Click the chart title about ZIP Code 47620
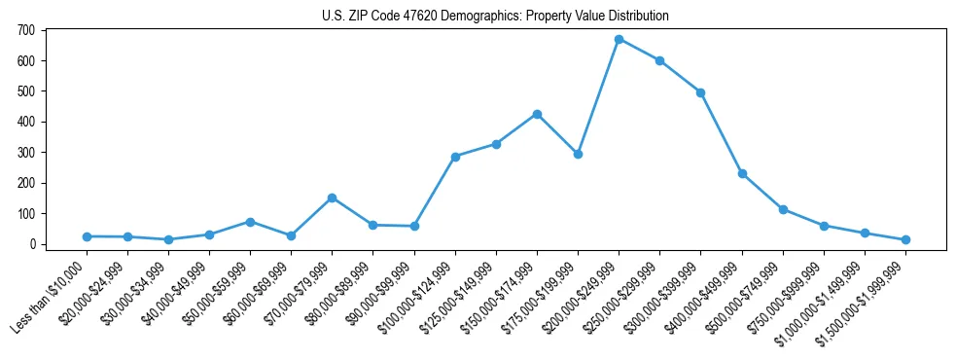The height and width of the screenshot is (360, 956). pos(495,17)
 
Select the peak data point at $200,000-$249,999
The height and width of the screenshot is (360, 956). pos(619,40)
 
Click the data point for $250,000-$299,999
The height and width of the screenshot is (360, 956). pos(659,60)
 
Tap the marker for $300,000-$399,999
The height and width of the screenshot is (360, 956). pos(700,92)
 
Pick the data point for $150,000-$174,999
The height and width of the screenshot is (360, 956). pos(537,114)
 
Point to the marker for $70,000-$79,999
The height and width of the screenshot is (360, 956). pos(333,198)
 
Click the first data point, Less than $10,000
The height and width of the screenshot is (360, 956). pos(88,236)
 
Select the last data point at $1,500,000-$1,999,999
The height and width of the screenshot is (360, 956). pos(905,239)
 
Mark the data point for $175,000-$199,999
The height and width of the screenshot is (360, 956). pos(578,154)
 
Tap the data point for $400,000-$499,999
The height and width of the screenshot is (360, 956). pos(742,173)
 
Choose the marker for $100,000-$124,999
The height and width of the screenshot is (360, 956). pos(455,157)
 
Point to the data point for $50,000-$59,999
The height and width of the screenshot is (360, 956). pos(251,222)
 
